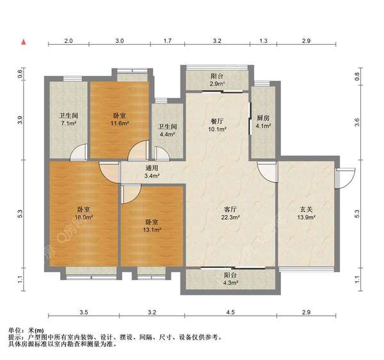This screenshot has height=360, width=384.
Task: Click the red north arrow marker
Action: pos(24,42)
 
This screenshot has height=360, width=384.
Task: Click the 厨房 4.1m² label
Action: pos(262,121)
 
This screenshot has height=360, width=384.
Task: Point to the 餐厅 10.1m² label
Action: pos(216,121)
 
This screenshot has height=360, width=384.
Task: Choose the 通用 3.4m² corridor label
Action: pos(152,171)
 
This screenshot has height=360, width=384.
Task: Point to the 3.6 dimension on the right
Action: pos(358,120)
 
